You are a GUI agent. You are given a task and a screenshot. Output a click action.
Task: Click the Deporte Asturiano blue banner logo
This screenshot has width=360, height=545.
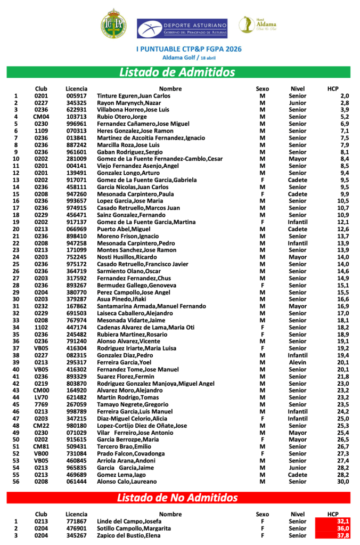182,28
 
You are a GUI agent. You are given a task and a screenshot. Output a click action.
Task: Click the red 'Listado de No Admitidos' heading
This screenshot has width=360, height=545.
177,498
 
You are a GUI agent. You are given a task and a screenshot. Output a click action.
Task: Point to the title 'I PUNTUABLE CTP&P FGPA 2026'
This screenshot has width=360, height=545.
182,48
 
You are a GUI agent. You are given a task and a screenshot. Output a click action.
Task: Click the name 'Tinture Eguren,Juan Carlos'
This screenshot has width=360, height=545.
134,96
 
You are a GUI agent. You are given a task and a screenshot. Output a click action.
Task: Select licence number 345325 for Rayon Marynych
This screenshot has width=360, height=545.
76,103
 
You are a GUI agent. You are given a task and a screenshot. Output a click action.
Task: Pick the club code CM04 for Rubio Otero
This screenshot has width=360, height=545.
41,117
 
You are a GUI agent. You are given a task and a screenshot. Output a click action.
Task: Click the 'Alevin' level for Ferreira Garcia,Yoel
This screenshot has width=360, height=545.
298,362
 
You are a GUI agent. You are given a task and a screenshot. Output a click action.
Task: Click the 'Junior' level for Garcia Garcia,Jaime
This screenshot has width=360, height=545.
298,468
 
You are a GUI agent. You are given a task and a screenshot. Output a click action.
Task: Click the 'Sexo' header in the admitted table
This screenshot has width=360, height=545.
263,88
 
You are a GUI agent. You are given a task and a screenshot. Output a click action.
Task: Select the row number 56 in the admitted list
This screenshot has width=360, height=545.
16,482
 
